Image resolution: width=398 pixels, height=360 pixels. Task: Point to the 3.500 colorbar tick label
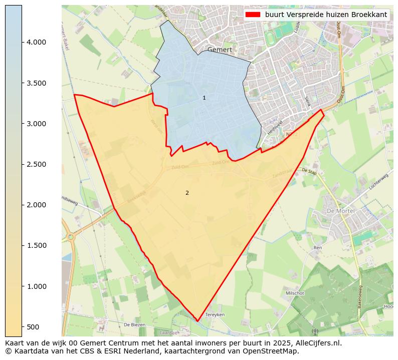tap(37, 83)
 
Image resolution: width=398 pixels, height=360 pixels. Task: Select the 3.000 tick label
tap(37, 124)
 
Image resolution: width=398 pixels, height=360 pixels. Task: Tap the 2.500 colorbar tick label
tap(37, 164)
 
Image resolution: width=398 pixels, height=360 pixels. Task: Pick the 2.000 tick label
tap(37, 205)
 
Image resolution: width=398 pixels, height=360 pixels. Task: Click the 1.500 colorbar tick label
tap(37, 245)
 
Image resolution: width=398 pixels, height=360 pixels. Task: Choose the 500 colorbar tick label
tap(33, 327)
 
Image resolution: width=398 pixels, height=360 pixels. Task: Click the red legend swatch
tap(253, 15)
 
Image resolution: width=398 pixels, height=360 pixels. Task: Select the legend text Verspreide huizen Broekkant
tap(326, 15)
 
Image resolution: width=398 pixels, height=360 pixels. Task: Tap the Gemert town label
tap(220, 50)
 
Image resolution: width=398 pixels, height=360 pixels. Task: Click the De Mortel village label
tap(340, 211)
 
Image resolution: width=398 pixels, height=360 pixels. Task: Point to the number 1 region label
tap(204, 98)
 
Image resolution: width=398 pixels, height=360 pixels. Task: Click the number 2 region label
tap(187, 193)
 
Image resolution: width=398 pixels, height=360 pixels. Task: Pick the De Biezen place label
tap(134, 324)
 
